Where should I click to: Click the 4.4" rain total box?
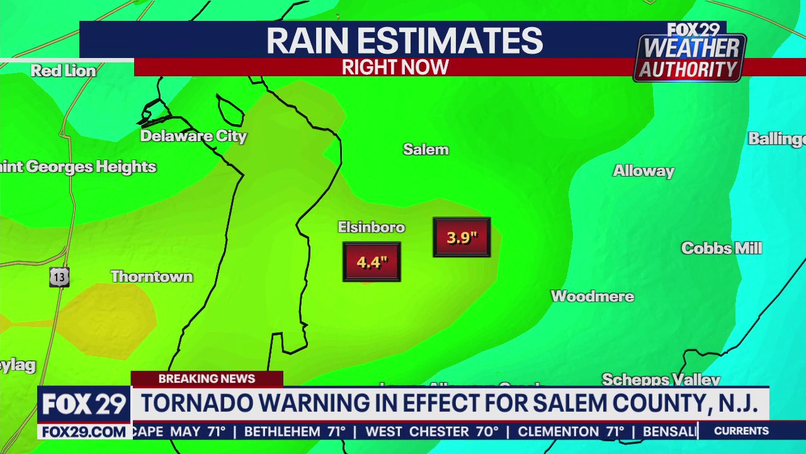click(x=372, y=262)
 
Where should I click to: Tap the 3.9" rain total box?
click(x=462, y=237)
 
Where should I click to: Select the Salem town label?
click(x=426, y=149)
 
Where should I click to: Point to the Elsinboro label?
click(x=371, y=227)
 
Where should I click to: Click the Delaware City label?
click(x=193, y=136)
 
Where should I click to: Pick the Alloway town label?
click(x=644, y=171)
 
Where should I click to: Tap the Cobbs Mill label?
click(x=722, y=248)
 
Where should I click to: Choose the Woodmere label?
click(x=592, y=296)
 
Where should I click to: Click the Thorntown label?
click(x=152, y=277)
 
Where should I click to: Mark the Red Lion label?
click(x=64, y=71)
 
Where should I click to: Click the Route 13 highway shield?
click(x=59, y=277)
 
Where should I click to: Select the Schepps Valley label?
click(x=661, y=379)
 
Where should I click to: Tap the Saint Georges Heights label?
click(x=77, y=167)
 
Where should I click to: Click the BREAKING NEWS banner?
click(x=207, y=379)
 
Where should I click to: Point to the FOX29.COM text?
click(x=84, y=432)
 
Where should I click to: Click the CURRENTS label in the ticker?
click(x=741, y=431)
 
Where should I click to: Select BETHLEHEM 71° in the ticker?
click(x=295, y=432)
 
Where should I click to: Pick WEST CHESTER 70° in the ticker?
click(x=431, y=432)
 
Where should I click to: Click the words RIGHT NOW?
click(x=395, y=67)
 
